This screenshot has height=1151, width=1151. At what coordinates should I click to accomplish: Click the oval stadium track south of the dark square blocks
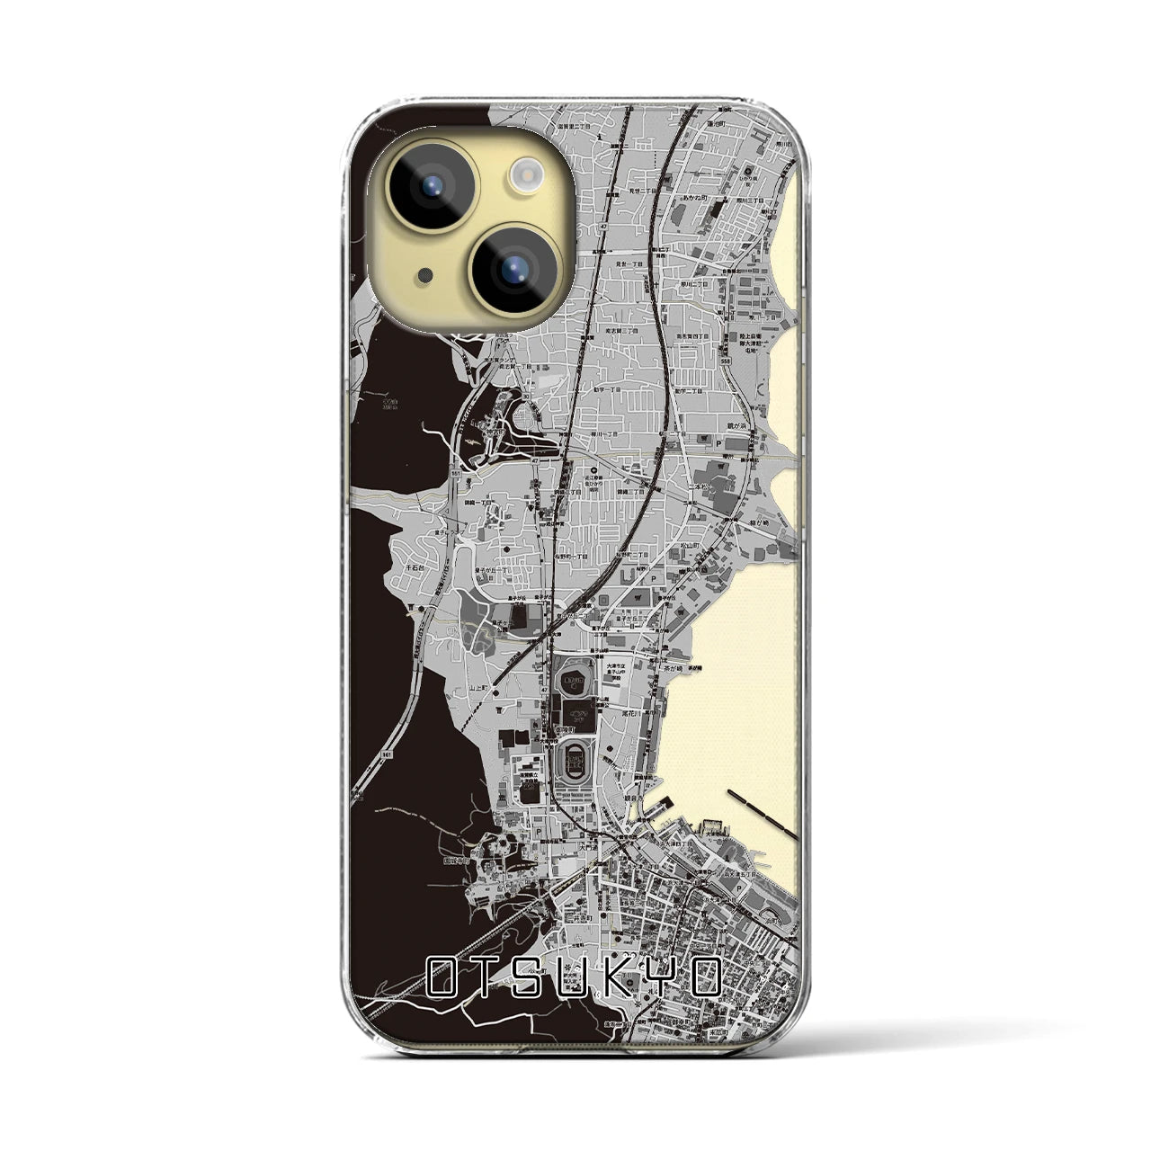pyautogui.click(x=572, y=764)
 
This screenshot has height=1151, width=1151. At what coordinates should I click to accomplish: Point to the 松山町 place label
pyautogui.click(x=689, y=545)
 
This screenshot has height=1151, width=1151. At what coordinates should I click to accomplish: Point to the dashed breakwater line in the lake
pyautogui.click(x=763, y=813)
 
